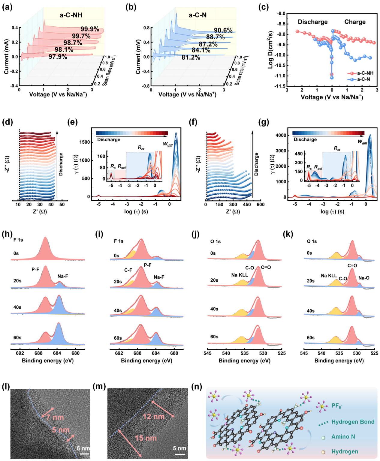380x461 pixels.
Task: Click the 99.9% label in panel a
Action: pyautogui.click(x=90, y=29)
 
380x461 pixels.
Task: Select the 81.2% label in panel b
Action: pyautogui.click(x=191, y=57)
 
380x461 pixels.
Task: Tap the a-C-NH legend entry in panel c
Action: pyautogui.click(x=365, y=73)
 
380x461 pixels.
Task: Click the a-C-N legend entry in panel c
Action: pyautogui.click(x=363, y=79)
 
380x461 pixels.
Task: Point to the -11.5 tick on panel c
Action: pyautogui.click(x=279, y=86)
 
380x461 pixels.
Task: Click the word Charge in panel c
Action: pyautogui.click(x=355, y=22)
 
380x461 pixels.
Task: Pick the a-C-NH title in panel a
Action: pyautogui.click(x=71, y=15)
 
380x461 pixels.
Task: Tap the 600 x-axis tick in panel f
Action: pyautogui.click(x=261, y=205)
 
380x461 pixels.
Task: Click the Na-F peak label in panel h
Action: pyautogui.click(x=63, y=276)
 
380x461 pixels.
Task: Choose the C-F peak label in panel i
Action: pyautogui.click(x=128, y=270)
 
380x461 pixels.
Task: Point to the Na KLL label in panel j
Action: pyautogui.click(x=240, y=275)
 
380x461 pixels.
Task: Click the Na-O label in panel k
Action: pyautogui.click(x=364, y=278)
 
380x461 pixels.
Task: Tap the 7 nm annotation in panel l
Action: pyautogui.click(x=55, y=417)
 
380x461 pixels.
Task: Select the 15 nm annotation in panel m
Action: pyautogui.click(x=146, y=438)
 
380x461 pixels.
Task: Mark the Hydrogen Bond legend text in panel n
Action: pyautogui.click(x=353, y=422)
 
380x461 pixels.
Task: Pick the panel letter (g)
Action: pyautogui.click(x=263, y=122)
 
